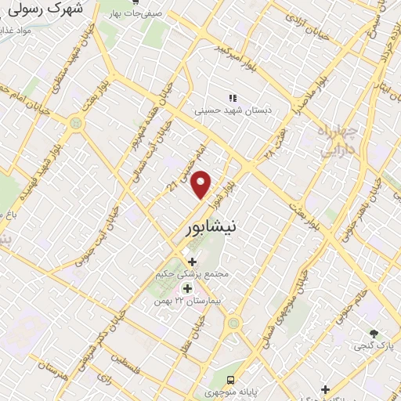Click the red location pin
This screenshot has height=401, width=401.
202,184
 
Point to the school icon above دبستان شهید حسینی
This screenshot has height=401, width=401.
232,97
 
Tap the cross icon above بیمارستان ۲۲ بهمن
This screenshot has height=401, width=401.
186,288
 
